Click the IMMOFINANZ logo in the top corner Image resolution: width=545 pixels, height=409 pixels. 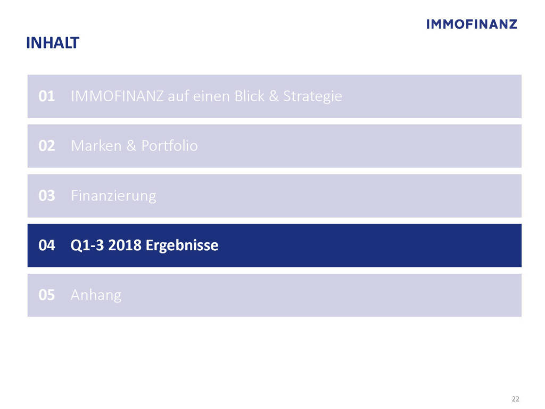click(x=472, y=24)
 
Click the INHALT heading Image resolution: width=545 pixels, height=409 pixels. click(x=53, y=43)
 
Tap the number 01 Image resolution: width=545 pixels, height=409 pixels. click(x=47, y=96)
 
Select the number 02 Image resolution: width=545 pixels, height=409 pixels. click(x=47, y=146)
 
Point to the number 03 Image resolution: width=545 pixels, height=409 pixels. click(x=47, y=196)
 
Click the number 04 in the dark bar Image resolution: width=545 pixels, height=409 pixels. click(x=47, y=245)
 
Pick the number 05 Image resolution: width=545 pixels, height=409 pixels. click(x=47, y=295)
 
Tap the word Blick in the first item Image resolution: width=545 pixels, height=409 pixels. click(x=249, y=96)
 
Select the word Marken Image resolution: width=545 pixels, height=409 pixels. click(x=96, y=146)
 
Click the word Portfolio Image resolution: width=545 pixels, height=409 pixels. click(x=169, y=146)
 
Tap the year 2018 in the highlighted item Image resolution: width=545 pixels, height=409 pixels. click(x=125, y=245)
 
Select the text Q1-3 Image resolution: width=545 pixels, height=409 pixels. click(x=87, y=246)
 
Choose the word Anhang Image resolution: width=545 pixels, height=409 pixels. click(x=96, y=296)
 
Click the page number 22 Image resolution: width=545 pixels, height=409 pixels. click(x=515, y=399)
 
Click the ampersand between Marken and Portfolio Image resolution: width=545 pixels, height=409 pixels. click(x=131, y=146)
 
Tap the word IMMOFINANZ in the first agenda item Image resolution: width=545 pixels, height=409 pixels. click(x=117, y=96)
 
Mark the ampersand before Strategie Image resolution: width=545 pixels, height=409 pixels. click(x=274, y=96)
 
